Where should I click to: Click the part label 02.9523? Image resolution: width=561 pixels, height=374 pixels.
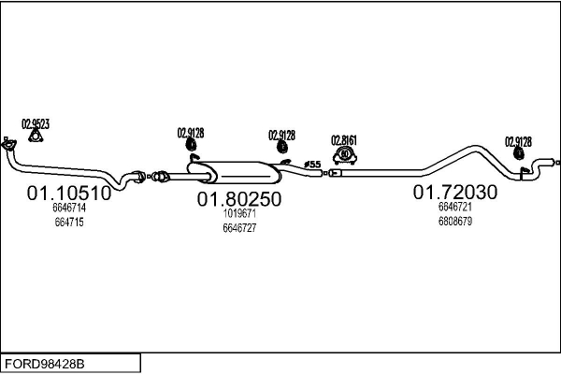point(36,123)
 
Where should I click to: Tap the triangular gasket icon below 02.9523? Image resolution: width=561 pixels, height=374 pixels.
point(36,137)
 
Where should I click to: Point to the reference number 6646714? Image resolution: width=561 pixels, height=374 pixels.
point(69,209)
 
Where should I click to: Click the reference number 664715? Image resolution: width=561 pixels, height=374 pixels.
point(69,223)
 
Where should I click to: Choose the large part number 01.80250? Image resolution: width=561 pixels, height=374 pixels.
point(239,199)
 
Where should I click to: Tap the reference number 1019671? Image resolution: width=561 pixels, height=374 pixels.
point(239,213)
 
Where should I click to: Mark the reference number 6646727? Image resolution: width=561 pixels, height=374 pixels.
point(239,227)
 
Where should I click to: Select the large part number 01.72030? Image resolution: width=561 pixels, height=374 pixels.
point(455,192)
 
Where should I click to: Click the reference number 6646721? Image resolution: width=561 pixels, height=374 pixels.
point(455,207)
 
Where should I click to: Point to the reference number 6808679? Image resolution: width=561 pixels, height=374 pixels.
point(455,222)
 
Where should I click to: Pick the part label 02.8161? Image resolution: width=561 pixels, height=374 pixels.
point(344,140)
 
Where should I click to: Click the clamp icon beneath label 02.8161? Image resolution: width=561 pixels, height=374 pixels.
point(345,154)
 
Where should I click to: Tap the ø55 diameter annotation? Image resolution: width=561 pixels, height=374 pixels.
point(312,165)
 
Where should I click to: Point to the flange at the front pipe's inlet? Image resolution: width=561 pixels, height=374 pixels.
point(8,145)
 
